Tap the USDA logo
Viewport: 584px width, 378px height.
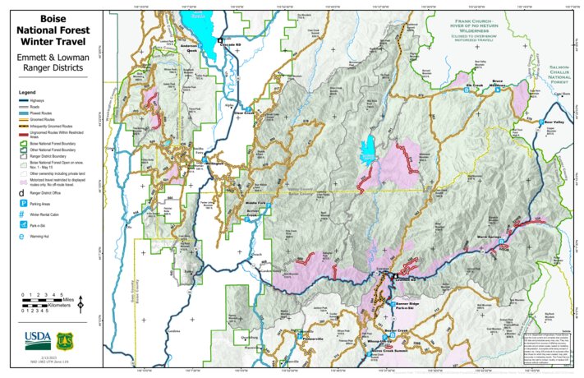click(x=38, y=338)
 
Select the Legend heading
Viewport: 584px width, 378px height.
click(x=28, y=92)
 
